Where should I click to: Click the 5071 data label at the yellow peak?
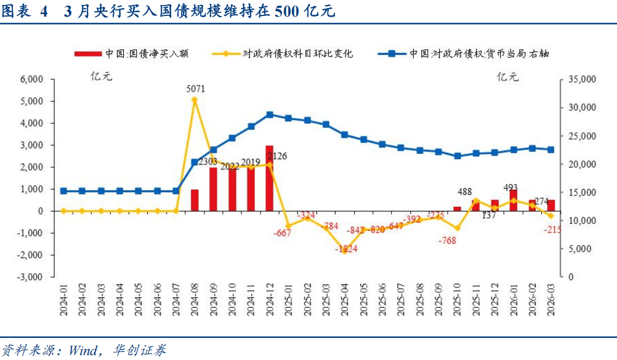[x=195, y=89]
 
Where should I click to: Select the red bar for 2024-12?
[x=270, y=178]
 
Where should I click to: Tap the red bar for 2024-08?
[x=195, y=200]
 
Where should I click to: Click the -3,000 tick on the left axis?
[x=30, y=277]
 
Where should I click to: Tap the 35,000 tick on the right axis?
[x=579, y=79]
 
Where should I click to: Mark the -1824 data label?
[x=345, y=249]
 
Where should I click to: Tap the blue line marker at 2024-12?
[x=270, y=114]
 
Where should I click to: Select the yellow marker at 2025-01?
[x=288, y=226]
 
